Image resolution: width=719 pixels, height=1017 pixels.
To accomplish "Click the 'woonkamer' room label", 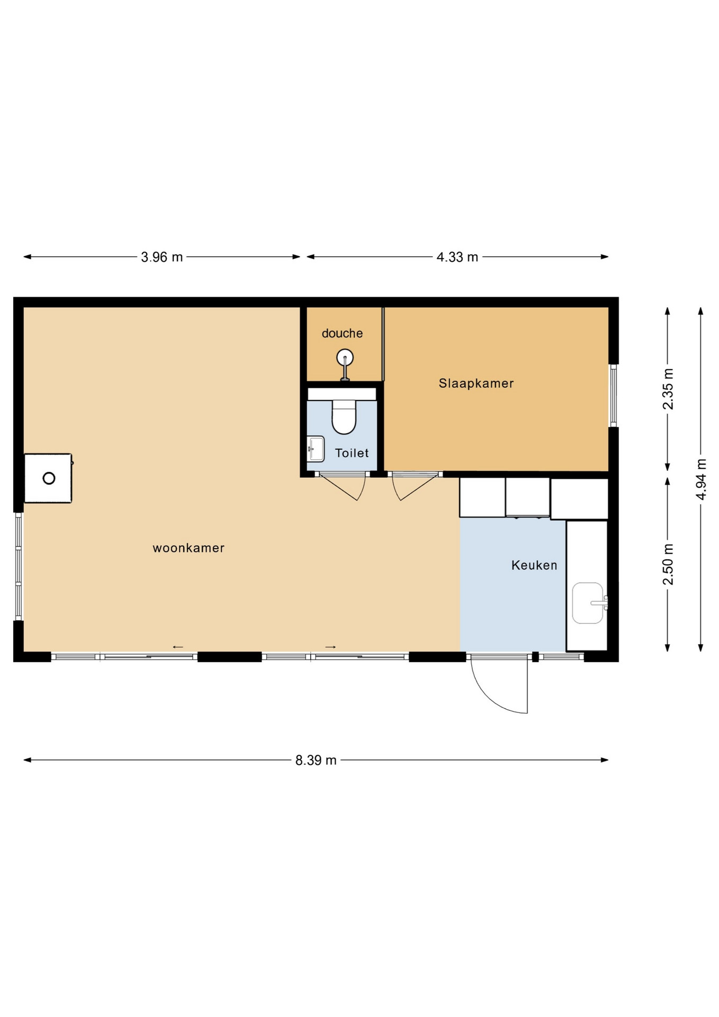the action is pyautogui.click(x=188, y=548).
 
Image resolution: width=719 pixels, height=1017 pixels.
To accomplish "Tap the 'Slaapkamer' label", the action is pyautogui.click(x=476, y=383).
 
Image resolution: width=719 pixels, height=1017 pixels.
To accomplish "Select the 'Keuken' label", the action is pyautogui.click(x=534, y=566).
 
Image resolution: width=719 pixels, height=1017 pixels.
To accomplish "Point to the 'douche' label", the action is pyautogui.click(x=342, y=334).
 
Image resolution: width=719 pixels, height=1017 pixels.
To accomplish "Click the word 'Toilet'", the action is pyautogui.click(x=352, y=453).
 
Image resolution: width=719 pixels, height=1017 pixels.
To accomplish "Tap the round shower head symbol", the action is pyautogui.click(x=345, y=358).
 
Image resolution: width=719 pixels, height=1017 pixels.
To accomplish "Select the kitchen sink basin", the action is pyautogui.click(x=588, y=603).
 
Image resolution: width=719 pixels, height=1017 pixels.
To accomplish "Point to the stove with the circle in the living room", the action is pyautogui.click(x=48, y=478).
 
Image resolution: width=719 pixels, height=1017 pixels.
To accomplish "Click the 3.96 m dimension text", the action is pyautogui.click(x=161, y=257).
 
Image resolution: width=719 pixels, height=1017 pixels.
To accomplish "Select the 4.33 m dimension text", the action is pyautogui.click(x=457, y=257).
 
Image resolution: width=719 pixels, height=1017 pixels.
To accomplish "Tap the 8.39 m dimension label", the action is pyautogui.click(x=316, y=761).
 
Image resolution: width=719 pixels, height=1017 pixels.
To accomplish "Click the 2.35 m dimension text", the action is pyautogui.click(x=668, y=389).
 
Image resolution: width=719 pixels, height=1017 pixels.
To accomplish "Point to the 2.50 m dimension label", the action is pyautogui.click(x=668, y=564).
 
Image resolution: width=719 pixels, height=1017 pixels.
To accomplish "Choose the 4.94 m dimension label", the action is pyautogui.click(x=701, y=479).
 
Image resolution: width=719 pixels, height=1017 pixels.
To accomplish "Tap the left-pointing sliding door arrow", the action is pyautogui.click(x=178, y=647).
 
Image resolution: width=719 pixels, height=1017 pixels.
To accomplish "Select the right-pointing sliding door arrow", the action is pyautogui.click(x=330, y=647).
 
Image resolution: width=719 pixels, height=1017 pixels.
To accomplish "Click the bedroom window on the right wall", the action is pyautogui.click(x=614, y=395).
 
